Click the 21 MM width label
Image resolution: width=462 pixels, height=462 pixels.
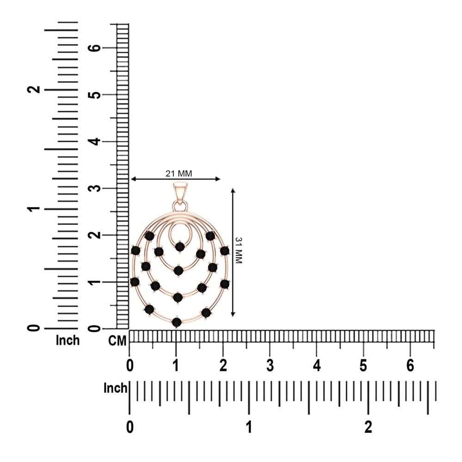tap(178, 174)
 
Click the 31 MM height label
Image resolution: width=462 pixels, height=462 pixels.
tap(238, 250)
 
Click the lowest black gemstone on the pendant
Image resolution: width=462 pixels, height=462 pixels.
tap(176, 322)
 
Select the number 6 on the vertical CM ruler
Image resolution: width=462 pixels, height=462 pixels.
tap(94, 48)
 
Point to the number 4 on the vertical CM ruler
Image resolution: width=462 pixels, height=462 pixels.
tap(94, 141)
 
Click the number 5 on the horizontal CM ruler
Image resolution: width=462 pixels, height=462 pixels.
tap(363, 365)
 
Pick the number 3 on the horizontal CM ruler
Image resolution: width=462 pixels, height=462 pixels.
tap(270, 365)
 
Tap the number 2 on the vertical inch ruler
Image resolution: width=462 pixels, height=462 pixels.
tap(34, 89)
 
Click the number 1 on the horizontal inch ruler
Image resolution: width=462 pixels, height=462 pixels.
tap(249, 427)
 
